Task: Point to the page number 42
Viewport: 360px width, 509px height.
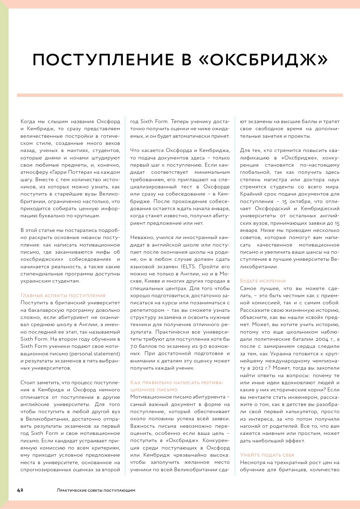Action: pyautogui.click(x=20, y=490)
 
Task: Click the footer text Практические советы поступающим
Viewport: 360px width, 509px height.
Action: pyautogui.click(x=96, y=490)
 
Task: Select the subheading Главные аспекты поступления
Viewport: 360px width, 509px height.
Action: pyautogui.click(x=63, y=295)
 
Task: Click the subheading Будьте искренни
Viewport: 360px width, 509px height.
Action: pyautogui.click(x=263, y=281)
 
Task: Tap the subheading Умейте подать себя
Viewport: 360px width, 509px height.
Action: pyautogui.click(x=267, y=455)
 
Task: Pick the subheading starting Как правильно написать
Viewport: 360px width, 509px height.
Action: pyautogui.click(x=177, y=383)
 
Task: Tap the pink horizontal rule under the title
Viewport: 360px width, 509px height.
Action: pyautogui.click(x=180, y=95)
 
